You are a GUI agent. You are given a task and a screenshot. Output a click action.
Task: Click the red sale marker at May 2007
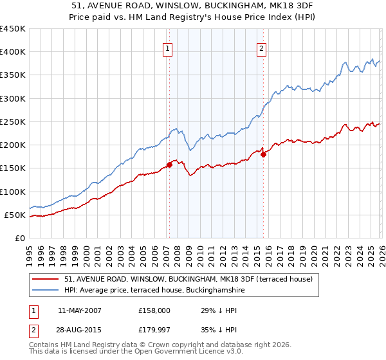(x=169, y=165)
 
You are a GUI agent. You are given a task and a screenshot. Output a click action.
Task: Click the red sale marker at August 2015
(x=263, y=154)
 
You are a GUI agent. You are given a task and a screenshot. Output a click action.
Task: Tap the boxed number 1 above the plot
(x=168, y=48)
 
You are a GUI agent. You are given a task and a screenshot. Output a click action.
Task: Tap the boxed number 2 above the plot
(x=262, y=48)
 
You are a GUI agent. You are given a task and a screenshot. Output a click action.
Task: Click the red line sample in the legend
(x=46, y=279)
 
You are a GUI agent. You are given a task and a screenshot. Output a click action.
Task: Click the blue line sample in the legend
(x=46, y=291)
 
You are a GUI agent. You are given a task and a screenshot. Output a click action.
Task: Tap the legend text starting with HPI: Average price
(x=154, y=291)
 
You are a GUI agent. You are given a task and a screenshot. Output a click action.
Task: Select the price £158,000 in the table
(x=154, y=310)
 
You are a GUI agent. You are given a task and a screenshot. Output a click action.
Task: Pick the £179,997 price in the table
(x=154, y=330)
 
